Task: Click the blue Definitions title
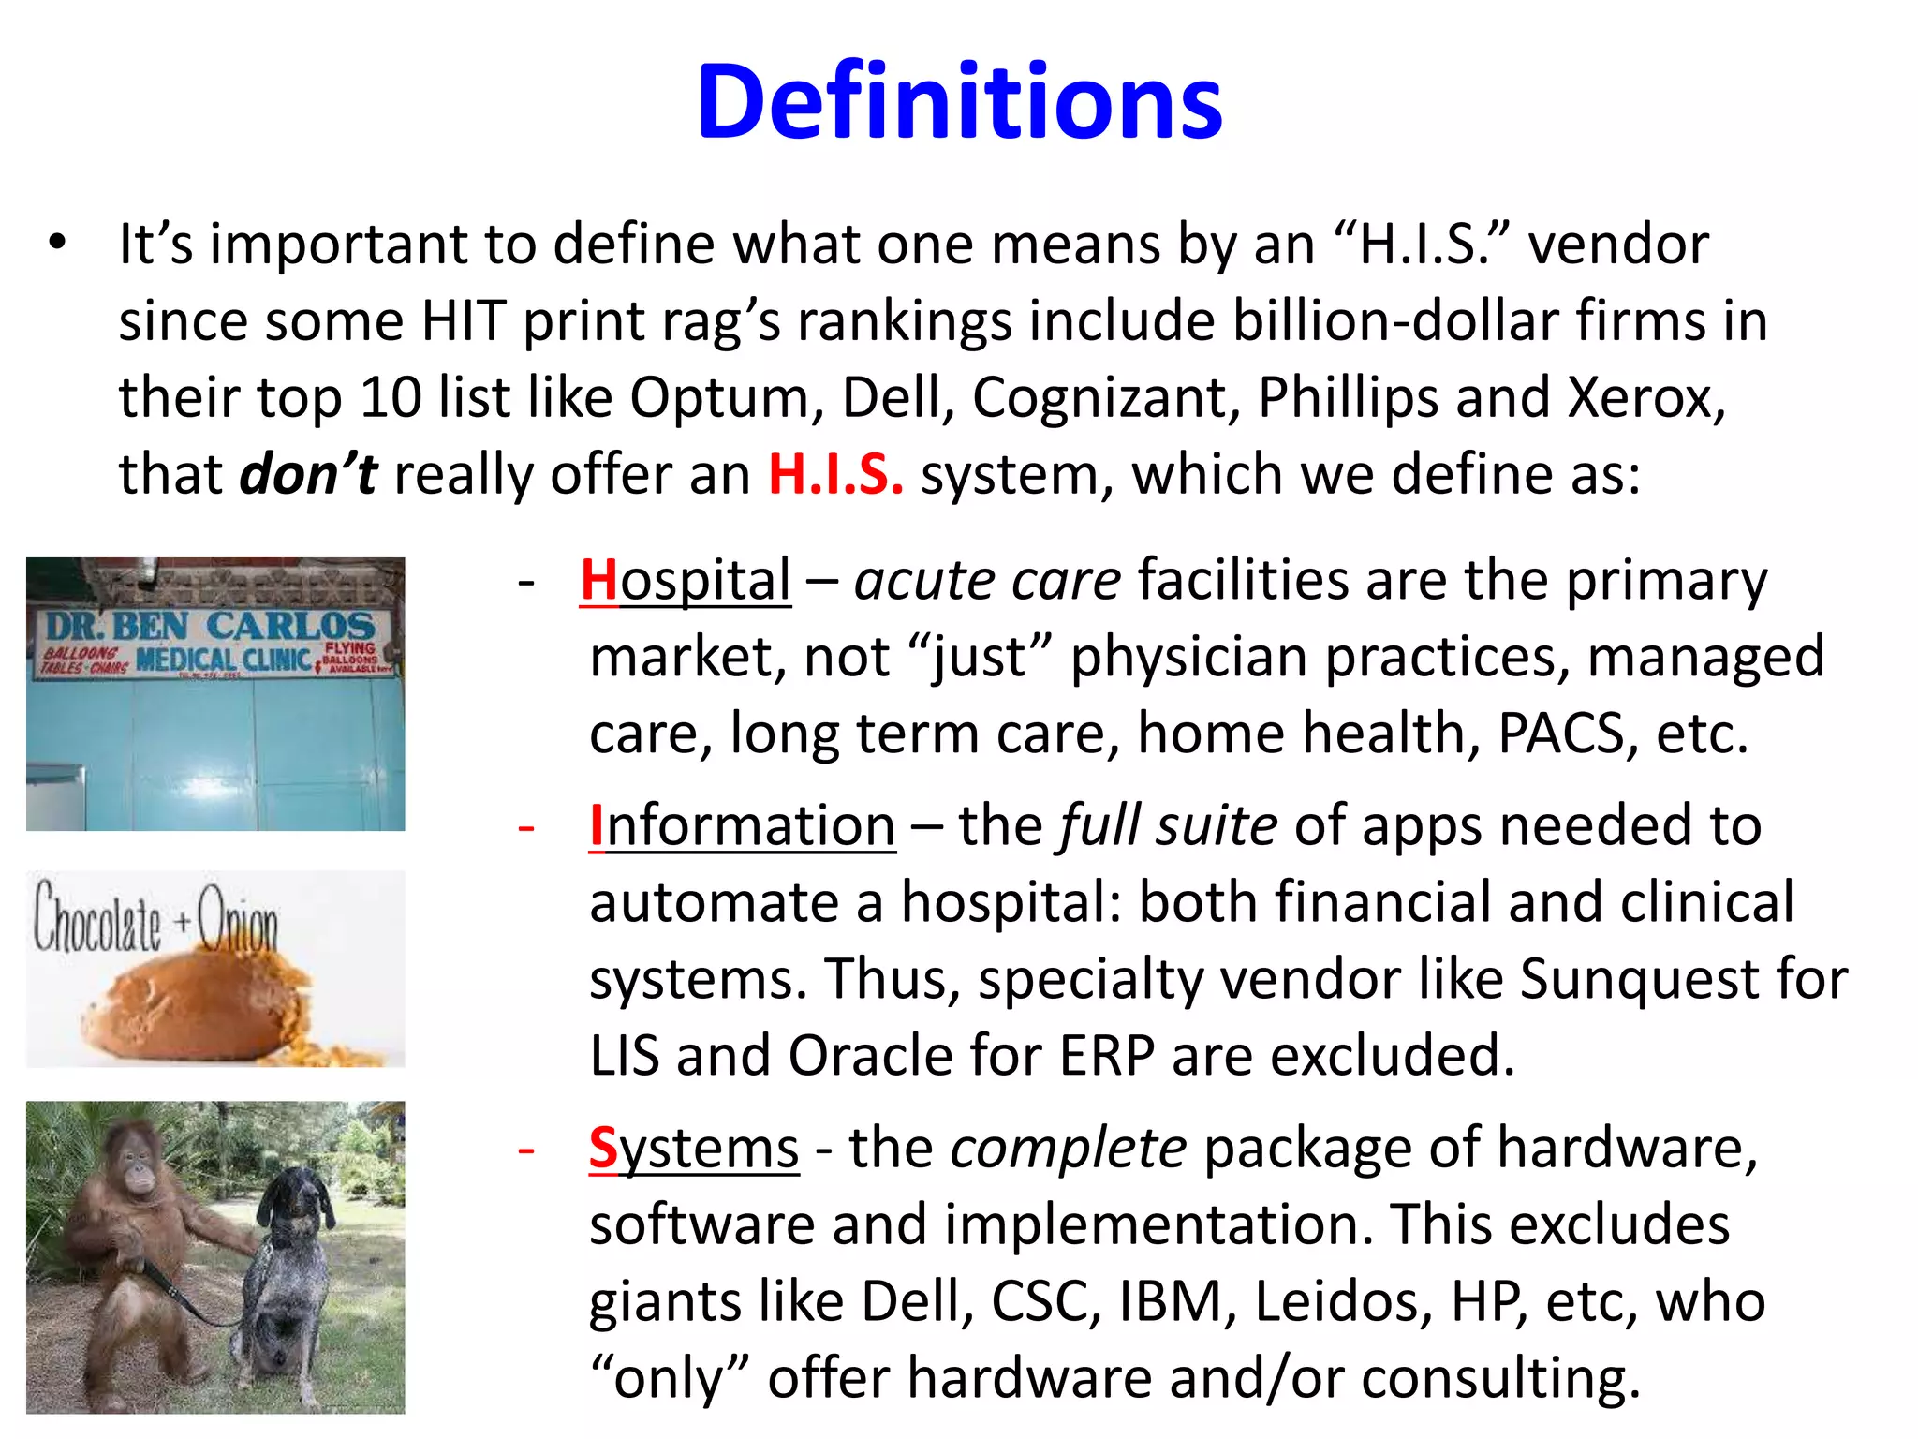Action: [959, 101]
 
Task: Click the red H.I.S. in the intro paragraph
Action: [835, 474]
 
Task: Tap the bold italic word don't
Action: [309, 474]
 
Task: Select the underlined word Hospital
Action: [686, 580]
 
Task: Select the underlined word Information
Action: [742, 826]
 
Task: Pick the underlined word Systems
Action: [694, 1149]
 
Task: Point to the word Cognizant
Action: [1105, 397]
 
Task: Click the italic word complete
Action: [1069, 1149]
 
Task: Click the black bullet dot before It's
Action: [58, 243]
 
